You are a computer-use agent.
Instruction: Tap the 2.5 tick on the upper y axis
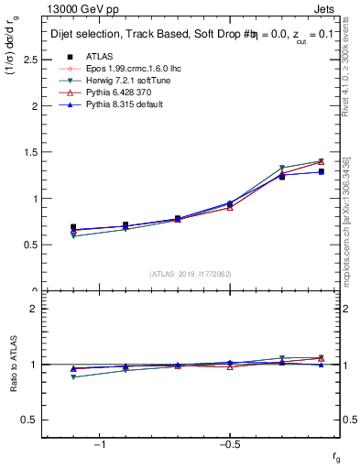(29, 60)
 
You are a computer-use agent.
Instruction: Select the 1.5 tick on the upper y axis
(29, 152)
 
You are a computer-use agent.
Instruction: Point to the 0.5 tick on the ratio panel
(29, 420)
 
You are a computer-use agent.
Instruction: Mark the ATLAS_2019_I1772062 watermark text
(191, 274)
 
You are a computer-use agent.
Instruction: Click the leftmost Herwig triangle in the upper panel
(73, 236)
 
